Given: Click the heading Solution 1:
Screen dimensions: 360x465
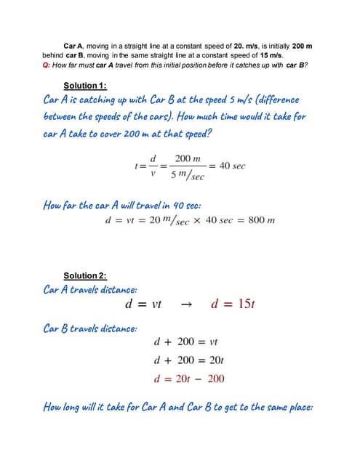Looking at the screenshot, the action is [x=85, y=85].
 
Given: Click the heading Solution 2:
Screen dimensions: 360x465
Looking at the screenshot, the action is [x=85, y=275].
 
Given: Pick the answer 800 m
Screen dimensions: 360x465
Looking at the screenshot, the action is [x=260, y=220].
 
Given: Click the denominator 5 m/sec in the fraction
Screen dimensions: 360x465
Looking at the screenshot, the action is [x=188, y=175].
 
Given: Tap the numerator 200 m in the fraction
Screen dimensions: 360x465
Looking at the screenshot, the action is [x=188, y=158].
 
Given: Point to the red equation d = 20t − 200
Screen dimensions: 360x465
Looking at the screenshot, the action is [x=188, y=379].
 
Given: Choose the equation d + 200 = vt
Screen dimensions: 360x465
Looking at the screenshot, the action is [x=187, y=341].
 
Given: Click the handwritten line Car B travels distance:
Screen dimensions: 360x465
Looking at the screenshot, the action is [x=89, y=328].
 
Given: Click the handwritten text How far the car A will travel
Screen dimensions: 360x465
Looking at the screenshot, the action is [x=116, y=205].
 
